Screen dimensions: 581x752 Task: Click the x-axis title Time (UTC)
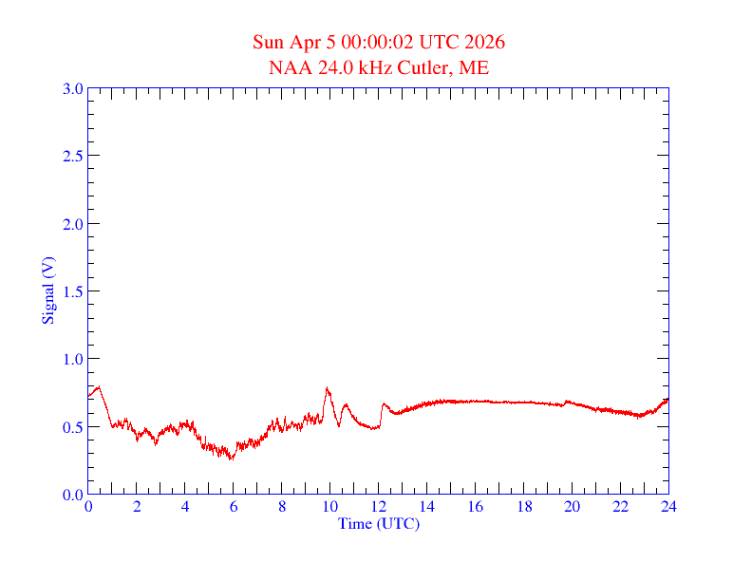point(379,523)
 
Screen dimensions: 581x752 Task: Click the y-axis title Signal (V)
point(47,290)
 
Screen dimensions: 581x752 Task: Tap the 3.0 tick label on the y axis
point(72,88)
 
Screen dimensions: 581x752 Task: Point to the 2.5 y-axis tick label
point(72,156)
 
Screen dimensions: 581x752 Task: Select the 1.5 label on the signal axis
point(72,291)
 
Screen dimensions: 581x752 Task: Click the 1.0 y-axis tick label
point(72,359)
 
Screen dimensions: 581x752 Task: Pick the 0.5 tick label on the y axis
point(72,427)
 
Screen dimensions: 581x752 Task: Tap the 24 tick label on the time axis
point(668,507)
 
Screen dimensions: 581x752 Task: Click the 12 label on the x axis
point(379,507)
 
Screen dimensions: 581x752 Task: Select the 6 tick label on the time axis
point(234,507)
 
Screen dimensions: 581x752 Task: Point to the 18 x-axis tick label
point(524,507)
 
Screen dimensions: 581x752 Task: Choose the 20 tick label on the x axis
point(572,507)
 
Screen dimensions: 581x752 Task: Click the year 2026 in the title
point(484,43)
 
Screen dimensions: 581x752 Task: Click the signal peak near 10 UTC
point(328,388)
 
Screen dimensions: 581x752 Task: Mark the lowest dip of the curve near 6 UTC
point(231,459)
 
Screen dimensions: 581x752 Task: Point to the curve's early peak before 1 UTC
point(99,386)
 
